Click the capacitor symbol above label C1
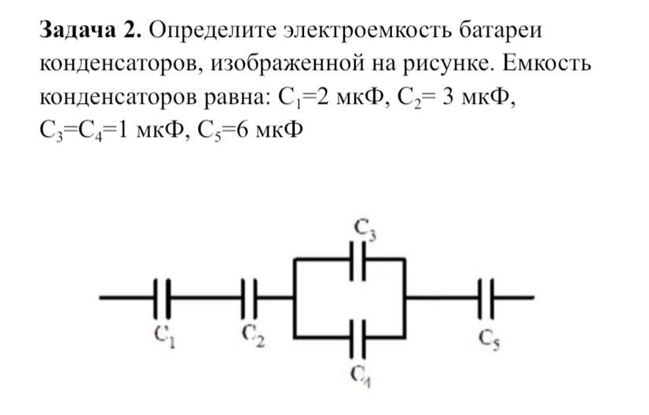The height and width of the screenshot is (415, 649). (162, 298)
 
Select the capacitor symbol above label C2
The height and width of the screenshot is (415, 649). (249, 298)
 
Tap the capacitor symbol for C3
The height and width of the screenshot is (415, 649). (357, 260)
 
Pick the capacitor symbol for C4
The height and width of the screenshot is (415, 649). (357, 339)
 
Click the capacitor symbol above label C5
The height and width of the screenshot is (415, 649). (486, 298)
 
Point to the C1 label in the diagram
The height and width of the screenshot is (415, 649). (164, 336)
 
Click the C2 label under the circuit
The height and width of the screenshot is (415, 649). (253, 335)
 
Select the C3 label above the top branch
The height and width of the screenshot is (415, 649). (365, 229)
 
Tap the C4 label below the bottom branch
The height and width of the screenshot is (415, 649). (360, 376)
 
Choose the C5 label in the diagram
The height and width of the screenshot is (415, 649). (489, 340)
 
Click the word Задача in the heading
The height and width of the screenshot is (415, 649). (78, 31)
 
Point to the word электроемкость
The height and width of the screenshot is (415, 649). (367, 31)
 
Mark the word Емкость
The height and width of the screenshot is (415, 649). (547, 64)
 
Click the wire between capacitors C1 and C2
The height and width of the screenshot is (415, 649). (206, 298)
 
